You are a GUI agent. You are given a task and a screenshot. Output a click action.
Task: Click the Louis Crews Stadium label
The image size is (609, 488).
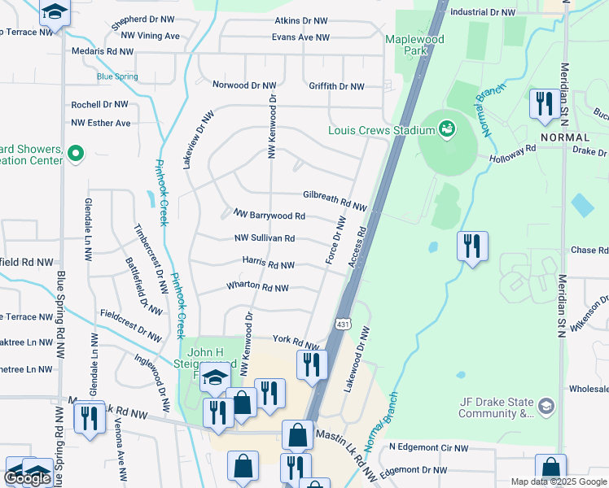pyautogui.click(x=379, y=130)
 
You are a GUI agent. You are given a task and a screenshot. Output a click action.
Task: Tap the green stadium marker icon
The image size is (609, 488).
pyautogui.click(x=446, y=129)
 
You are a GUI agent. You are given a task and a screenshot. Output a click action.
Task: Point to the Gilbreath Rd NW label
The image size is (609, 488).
pyautogui.click(x=335, y=197)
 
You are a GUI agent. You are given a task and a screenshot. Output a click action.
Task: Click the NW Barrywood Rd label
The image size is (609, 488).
pyautogui.click(x=269, y=216)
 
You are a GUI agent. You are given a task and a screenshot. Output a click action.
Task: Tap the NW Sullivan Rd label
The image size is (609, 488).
pyautogui.click(x=264, y=238)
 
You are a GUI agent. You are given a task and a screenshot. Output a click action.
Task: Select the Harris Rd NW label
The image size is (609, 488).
pyautogui.click(x=268, y=264)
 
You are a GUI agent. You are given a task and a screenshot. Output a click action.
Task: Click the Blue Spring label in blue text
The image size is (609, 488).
pyautogui.click(x=117, y=77)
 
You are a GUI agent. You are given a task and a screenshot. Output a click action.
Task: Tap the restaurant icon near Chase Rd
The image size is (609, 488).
pyautogui.click(x=472, y=246)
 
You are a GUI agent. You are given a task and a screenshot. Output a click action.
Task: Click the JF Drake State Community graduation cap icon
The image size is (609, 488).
pyautogui.click(x=545, y=405)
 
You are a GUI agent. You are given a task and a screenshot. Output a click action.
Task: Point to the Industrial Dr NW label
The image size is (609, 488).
pyautogui.click(x=483, y=12)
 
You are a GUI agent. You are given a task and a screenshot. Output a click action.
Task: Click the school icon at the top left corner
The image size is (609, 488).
pyautogui.click(x=55, y=13)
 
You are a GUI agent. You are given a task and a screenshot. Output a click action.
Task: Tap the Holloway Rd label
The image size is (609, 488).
pyautogui.click(x=512, y=154)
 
